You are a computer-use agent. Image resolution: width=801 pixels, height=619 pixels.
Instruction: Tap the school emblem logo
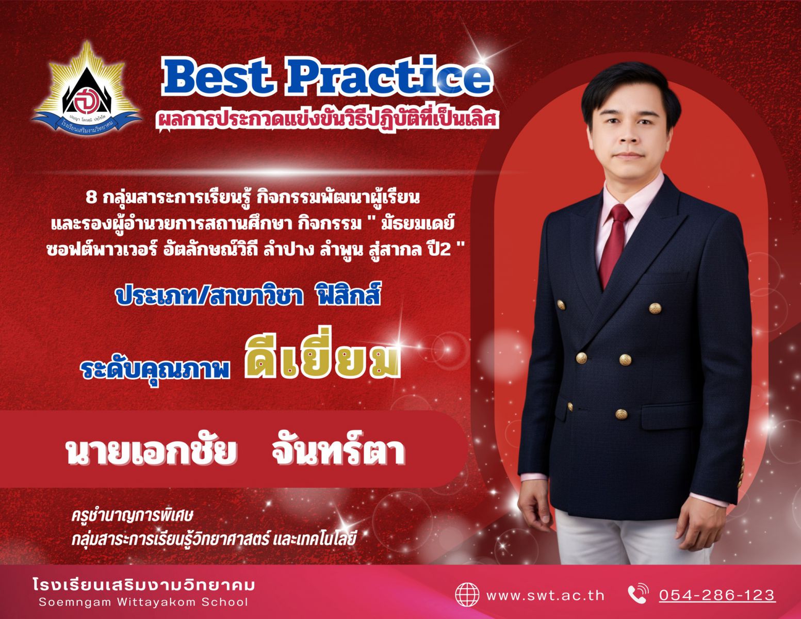pos(87,89)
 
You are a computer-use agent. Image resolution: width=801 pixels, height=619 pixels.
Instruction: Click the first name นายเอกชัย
pos(151,452)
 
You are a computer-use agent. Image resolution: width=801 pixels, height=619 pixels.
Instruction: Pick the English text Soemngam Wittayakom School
pos(143,603)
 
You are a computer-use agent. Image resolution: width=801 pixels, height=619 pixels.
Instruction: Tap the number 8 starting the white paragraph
pos(91,198)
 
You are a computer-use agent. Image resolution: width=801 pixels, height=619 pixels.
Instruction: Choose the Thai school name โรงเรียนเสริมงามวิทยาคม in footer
pos(143,584)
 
